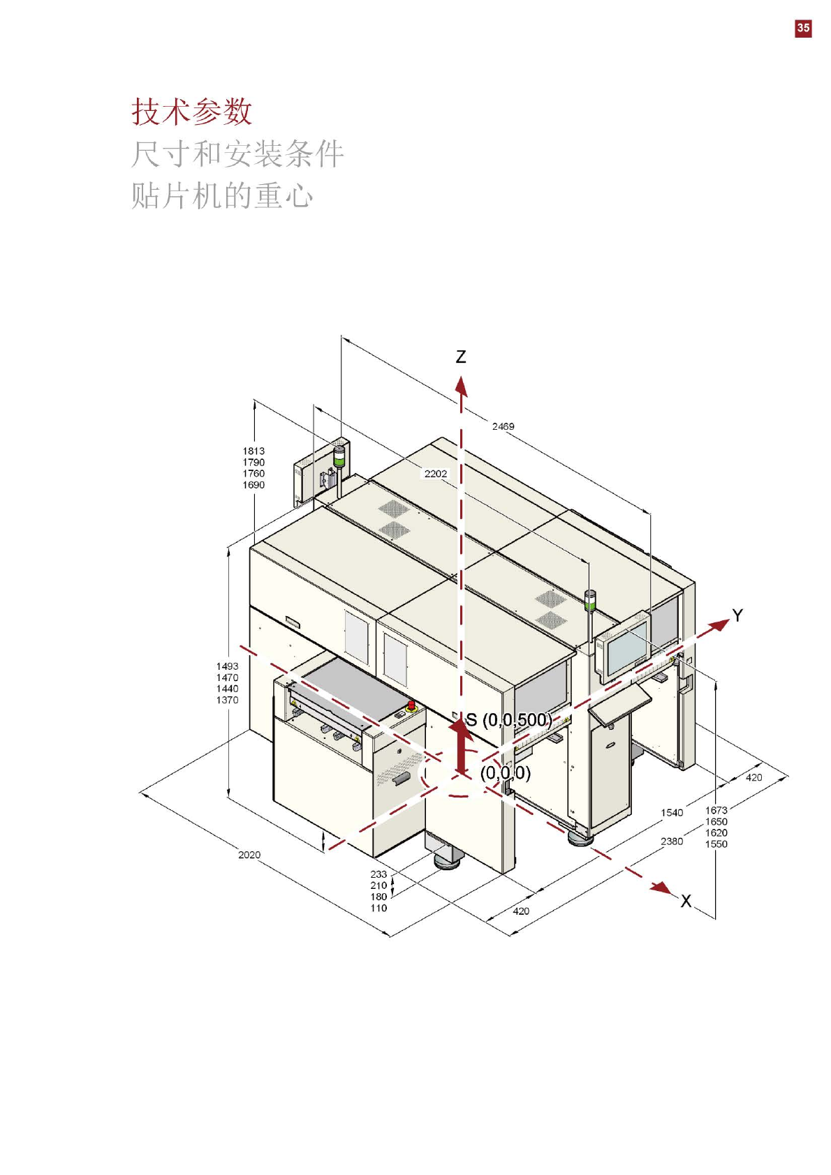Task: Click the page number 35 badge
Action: [x=803, y=28]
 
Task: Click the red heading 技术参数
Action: [x=192, y=112]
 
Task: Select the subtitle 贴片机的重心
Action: [x=222, y=195]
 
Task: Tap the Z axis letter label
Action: [x=461, y=357]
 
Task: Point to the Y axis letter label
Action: [x=737, y=615]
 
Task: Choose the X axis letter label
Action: [x=686, y=901]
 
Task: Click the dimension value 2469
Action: [x=503, y=426]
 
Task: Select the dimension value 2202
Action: [x=436, y=474]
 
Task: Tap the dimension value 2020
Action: [x=249, y=855]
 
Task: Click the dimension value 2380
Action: [x=672, y=841]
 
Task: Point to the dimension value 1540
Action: [x=672, y=813]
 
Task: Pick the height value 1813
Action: [x=253, y=451]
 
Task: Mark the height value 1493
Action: [x=227, y=666]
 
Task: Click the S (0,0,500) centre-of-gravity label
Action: [x=509, y=720]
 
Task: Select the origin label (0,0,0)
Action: [x=506, y=772]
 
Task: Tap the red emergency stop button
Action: [x=411, y=706]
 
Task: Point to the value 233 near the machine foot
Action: [x=378, y=874]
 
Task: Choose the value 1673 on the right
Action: [x=716, y=810]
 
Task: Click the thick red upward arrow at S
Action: [x=461, y=747]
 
